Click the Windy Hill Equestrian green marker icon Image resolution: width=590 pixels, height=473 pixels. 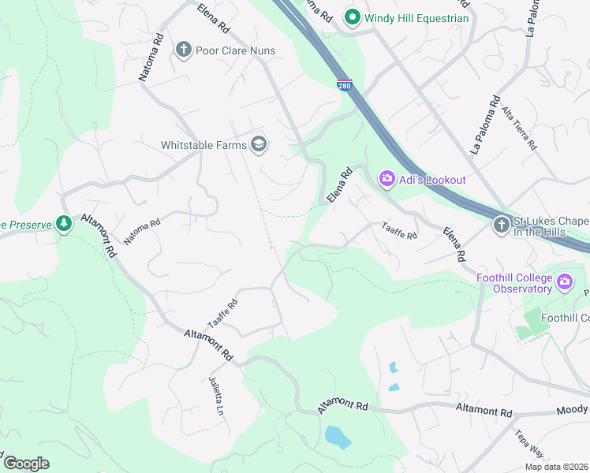click(x=353, y=17)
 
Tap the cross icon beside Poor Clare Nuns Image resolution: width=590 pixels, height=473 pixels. click(x=184, y=50)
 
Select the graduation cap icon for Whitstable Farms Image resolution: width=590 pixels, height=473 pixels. click(x=258, y=143)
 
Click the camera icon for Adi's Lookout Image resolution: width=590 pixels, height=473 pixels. click(x=387, y=180)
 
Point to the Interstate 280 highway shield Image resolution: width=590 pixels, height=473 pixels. click(x=343, y=85)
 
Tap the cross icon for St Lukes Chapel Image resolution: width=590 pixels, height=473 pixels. click(x=501, y=226)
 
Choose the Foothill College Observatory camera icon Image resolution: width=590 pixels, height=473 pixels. click(x=565, y=282)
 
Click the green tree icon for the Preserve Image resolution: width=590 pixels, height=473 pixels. click(x=64, y=224)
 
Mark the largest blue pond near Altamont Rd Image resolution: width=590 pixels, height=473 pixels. click(x=337, y=436)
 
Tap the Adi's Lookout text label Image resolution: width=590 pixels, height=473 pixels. click(x=432, y=180)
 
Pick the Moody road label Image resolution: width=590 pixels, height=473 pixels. click(x=573, y=409)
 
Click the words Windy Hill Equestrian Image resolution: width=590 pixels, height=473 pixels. click(x=416, y=18)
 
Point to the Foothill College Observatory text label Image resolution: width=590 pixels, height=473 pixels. click(x=514, y=283)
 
